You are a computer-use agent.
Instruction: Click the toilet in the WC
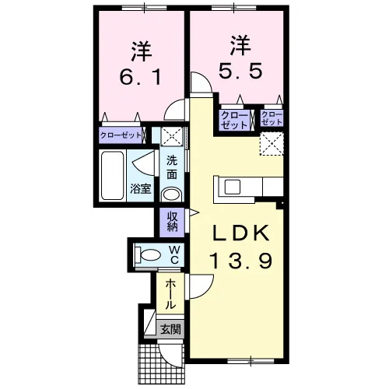(147, 254)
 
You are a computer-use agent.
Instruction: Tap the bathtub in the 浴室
(112, 176)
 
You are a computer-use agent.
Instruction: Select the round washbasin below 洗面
(171, 194)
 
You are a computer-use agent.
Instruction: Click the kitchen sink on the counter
(233, 187)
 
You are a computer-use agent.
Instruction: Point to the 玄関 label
(170, 330)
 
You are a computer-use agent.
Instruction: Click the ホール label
(170, 294)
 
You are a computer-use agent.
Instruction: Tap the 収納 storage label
(172, 223)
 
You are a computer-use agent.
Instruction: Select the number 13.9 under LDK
(241, 261)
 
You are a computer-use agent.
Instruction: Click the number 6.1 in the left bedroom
(140, 77)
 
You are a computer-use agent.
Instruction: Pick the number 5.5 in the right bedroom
(240, 71)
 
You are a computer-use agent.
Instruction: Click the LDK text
(240, 233)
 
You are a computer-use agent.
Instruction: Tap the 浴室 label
(140, 189)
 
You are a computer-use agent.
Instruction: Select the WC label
(174, 254)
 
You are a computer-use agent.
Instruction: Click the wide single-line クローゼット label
(121, 135)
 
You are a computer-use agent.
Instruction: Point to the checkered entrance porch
(161, 364)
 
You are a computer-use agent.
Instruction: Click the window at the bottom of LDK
(251, 361)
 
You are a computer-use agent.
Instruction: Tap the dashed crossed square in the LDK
(272, 143)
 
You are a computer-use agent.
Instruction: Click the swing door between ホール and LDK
(201, 286)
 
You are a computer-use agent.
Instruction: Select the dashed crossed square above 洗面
(172, 136)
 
